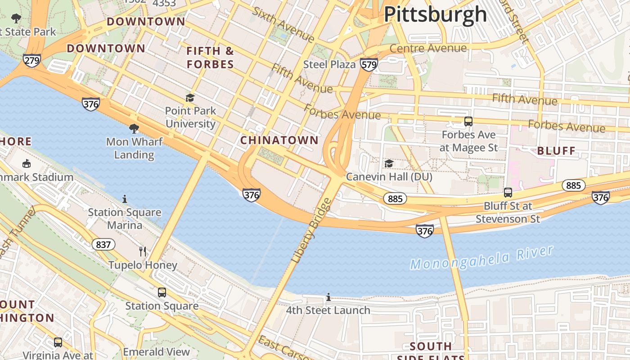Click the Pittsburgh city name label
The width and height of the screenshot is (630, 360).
pyautogui.click(x=435, y=14)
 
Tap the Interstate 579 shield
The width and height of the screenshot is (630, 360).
pyautogui.click(x=369, y=65)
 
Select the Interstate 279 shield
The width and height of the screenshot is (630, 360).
pyautogui.click(x=32, y=61)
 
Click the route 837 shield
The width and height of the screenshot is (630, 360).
pyautogui.click(x=103, y=244)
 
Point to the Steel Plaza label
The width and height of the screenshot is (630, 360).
pyautogui.click(x=329, y=64)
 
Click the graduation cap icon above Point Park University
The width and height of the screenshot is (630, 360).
pyautogui.click(x=190, y=98)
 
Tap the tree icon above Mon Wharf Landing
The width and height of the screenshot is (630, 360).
pyautogui.click(x=134, y=129)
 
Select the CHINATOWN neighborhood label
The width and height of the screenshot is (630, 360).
pyautogui.click(x=279, y=140)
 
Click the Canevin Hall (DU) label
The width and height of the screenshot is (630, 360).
pyautogui.click(x=389, y=177)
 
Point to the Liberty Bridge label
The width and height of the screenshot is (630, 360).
pyautogui.click(x=311, y=231)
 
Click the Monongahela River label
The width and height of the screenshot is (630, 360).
pyautogui.click(x=481, y=258)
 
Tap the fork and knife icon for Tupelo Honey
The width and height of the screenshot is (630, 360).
pyautogui.click(x=143, y=252)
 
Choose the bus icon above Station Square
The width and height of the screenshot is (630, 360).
pyautogui.click(x=162, y=292)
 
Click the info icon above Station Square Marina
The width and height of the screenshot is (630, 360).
pyautogui.click(x=125, y=198)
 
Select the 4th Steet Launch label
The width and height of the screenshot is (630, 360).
pyautogui.click(x=328, y=310)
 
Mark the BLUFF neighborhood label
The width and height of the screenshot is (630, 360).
pyautogui.click(x=556, y=151)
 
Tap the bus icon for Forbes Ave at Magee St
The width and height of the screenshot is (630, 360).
pyautogui.click(x=468, y=121)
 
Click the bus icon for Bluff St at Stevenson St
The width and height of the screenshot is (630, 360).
pyautogui.click(x=508, y=193)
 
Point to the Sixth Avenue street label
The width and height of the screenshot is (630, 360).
pyautogui.click(x=283, y=24)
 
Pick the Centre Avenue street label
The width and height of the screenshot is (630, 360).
pyautogui.click(x=428, y=48)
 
